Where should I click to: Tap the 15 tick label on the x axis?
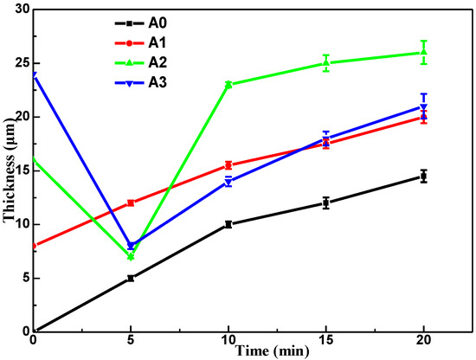(x=325, y=339)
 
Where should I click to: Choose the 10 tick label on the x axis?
(x=228, y=339)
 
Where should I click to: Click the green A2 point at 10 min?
(x=228, y=85)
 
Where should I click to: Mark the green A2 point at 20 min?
(x=423, y=52)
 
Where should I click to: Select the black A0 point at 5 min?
(x=131, y=278)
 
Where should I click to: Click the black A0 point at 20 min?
(x=423, y=176)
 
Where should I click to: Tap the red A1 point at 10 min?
(x=228, y=165)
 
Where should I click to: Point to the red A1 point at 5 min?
(x=131, y=202)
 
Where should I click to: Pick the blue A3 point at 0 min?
(x=34, y=74)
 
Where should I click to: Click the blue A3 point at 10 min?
(x=228, y=182)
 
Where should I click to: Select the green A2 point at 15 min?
(x=326, y=63)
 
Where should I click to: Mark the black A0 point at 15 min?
(x=326, y=202)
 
